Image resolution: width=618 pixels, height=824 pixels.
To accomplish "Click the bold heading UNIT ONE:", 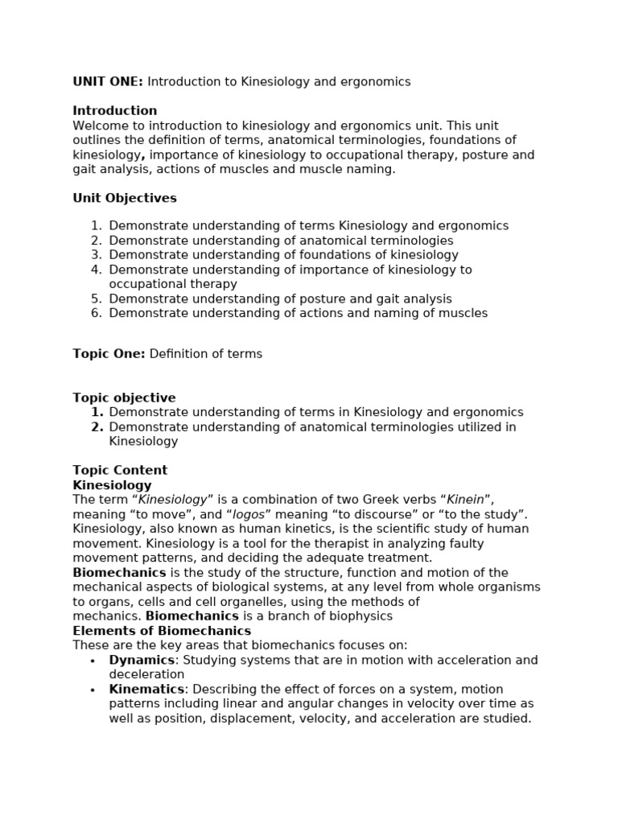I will (x=108, y=82).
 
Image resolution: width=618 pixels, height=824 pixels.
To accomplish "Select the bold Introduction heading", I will (x=115, y=111).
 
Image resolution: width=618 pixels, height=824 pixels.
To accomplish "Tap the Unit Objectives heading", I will (x=125, y=198).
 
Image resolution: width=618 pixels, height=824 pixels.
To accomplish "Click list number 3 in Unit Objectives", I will (x=96, y=255).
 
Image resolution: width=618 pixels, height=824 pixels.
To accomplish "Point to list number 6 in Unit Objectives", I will (x=96, y=313).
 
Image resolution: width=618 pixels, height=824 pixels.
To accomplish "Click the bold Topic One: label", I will (x=109, y=354).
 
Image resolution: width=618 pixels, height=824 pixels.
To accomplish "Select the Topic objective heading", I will (x=124, y=398).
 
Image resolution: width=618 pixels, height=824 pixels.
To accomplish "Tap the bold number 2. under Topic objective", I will (x=97, y=426).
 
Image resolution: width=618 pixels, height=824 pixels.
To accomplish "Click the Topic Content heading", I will (x=120, y=470).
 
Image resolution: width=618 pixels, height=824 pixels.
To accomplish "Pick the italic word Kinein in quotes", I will (x=464, y=500).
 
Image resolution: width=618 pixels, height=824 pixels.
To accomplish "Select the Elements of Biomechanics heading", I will (x=162, y=631).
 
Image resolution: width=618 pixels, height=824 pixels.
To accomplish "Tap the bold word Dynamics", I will (x=142, y=660).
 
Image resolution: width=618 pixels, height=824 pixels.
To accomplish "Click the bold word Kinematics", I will (x=147, y=689).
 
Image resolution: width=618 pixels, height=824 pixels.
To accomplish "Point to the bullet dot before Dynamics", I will (x=93, y=661).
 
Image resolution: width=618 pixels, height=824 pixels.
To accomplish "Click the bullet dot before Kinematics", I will (x=93, y=690).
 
